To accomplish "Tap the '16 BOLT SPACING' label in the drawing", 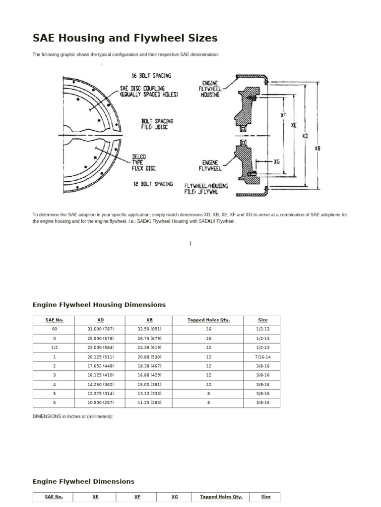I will coord(151,76).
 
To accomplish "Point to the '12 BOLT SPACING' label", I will coord(153,184).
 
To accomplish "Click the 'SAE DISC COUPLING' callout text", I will coord(149,90).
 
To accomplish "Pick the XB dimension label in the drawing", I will coord(317,147).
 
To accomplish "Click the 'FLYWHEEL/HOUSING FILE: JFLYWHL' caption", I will coord(206,189).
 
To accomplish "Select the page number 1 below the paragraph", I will coord(190,243).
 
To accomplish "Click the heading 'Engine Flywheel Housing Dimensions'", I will coord(99,304).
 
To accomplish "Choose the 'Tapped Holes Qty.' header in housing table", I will coord(208,320).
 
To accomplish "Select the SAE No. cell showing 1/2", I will coord(54,348).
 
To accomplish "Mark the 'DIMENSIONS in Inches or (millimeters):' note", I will coord(73,416).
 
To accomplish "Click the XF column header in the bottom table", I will coord(137,497).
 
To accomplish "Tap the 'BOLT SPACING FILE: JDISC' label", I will coord(157,123).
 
